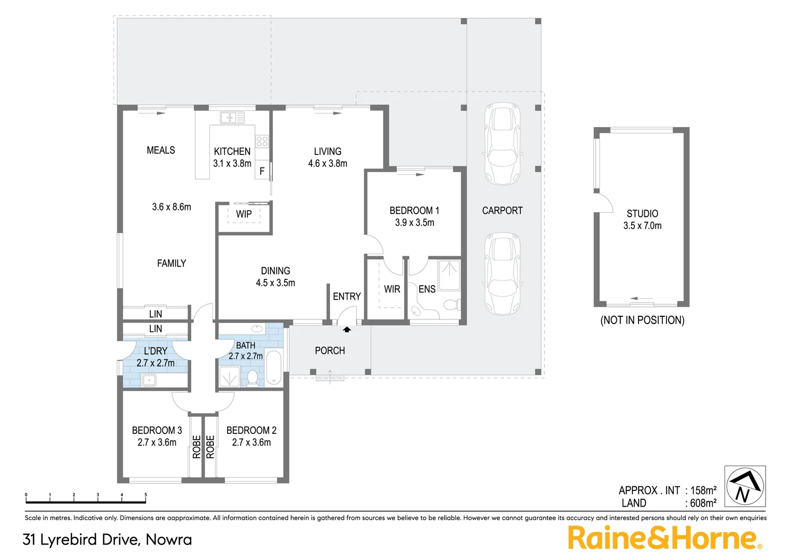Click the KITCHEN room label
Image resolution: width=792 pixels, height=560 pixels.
[232, 151]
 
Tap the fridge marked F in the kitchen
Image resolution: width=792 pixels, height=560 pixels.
[262, 171]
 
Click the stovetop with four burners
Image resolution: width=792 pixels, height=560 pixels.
[262, 141]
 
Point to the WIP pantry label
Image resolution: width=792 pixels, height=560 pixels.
[244, 214]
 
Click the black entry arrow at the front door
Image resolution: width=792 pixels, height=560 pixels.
[347, 329]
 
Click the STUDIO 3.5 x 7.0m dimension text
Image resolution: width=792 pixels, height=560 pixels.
[642, 226]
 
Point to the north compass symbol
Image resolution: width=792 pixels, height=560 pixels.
[745, 486]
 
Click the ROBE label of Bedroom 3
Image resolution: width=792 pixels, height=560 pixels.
[196, 446]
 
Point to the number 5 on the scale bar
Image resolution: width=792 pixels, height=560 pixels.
[146, 495]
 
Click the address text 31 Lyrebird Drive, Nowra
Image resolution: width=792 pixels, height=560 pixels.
[107, 540]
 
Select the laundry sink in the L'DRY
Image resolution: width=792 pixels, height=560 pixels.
[149, 380]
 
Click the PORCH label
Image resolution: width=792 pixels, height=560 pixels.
[330, 351]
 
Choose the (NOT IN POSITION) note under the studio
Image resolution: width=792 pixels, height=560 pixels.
[642, 320]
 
